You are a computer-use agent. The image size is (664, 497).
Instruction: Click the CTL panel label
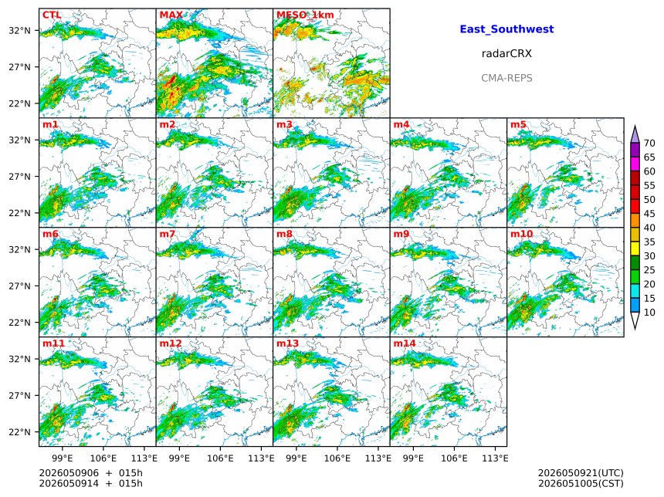pyautogui.click(x=52, y=15)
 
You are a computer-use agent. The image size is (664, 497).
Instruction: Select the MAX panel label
pyautogui.click(x=171, y=15)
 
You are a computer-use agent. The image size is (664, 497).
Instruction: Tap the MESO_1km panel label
pyautogui.click(x=305, y=15)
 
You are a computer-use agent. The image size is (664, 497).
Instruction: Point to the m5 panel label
pyautogui.click(x=518, y=124)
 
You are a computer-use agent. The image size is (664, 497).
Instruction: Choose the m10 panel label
pyautogui.click(x=521, y=234)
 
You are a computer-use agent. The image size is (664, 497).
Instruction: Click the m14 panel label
pyautogui.click(x=405, y=343)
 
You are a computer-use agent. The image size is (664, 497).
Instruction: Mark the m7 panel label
pyautogui.click(x=168, y=234)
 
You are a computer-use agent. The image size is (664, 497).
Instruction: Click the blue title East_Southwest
pyautogui.click(x=507, y=29)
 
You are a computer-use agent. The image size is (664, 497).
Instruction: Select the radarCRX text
pyautogui.click(x=506, y=54)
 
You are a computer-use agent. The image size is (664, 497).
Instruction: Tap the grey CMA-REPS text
pyautogui.click(x=506, y=78)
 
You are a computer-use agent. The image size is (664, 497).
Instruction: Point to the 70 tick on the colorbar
pyautogui.click(x=649, y=143)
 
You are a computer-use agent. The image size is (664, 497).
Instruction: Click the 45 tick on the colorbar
pyautogui.click(x=649, y=214)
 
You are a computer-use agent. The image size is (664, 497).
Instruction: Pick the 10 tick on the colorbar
pyautogui.click(x=649, y=313)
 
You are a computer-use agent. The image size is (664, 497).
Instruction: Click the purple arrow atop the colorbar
pyautogui.click(x=635, y=134)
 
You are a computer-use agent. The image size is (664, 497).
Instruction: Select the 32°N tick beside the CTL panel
pyautogui.click(x=20, y=31)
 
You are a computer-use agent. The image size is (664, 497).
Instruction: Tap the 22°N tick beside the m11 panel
pyautogui.click(x=20, y=432)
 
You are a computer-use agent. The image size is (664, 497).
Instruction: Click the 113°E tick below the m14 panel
pyautogui.click(x=495, y=458)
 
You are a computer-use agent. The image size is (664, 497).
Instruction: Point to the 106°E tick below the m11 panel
pyautogui.click(x=103, y=458)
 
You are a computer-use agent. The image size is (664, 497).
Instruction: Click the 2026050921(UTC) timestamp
pyautogui.click(x=581, y=473)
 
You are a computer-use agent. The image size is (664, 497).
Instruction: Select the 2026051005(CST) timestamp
pyautogui.click(x=581, y=483)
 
